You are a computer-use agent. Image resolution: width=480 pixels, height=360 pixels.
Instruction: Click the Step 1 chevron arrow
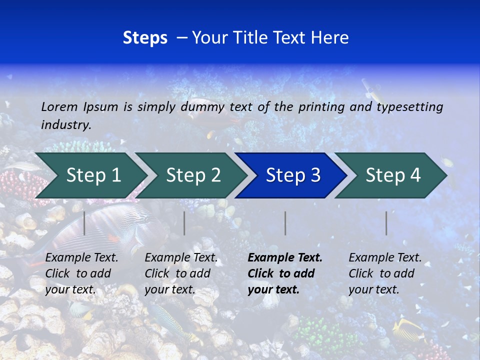90,175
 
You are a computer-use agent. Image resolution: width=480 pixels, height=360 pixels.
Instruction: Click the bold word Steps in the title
145,37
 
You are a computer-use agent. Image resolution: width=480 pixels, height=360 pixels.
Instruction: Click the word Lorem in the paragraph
59,106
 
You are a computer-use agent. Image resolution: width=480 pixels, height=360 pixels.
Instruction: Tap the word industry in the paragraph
65,124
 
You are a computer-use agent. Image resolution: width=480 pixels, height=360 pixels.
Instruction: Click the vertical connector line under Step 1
84,223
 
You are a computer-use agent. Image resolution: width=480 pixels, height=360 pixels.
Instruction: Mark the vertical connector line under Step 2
184,223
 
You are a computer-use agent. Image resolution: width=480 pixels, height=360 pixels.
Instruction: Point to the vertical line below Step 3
285,223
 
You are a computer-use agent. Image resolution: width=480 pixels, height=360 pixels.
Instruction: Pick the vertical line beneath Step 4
386,223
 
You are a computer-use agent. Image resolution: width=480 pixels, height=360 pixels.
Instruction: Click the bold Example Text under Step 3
285,258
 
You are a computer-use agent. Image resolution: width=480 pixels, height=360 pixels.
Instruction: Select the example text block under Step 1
82,273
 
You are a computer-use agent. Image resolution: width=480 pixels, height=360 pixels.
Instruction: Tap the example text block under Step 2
181,273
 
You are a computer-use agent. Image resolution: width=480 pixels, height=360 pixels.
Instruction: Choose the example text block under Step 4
385,273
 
